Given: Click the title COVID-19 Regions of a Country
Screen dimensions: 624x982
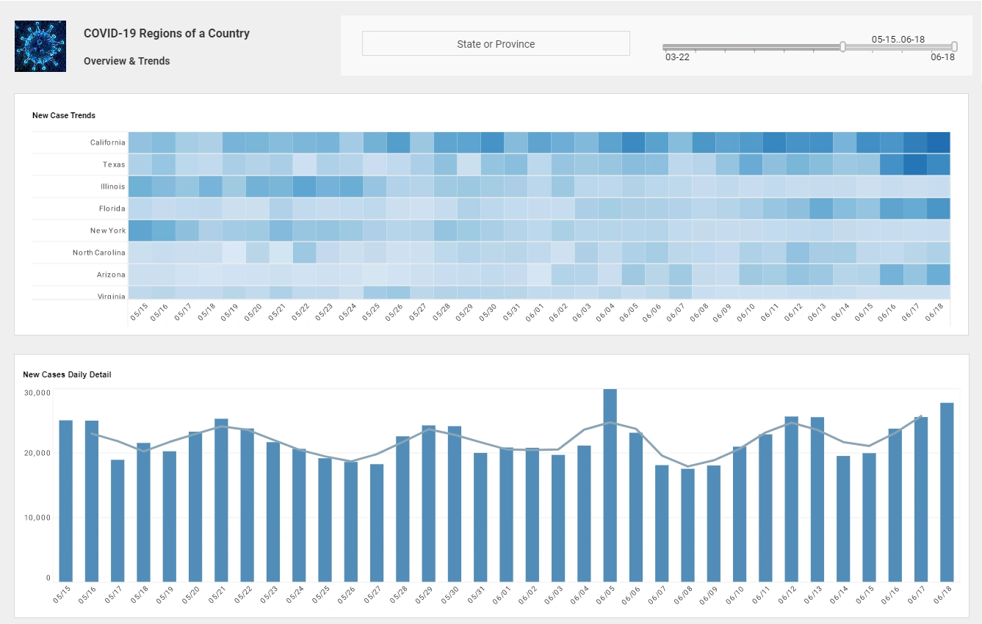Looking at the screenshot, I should click(x=167, y=33).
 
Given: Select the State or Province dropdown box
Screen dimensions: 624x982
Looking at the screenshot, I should click(x=496, y=44).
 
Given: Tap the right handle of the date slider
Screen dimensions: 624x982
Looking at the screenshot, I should click(x=954, y=47).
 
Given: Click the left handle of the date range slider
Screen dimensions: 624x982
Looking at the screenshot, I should click(x=842, y=47).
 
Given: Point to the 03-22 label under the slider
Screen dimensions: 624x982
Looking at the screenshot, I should click(x=676, y=57).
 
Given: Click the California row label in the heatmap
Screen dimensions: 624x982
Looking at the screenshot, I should click(x=107, y=142).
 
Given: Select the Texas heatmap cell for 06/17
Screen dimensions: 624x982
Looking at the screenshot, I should click(x=914, y=164).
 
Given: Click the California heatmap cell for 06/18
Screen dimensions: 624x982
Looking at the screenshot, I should click(x=938, y=142).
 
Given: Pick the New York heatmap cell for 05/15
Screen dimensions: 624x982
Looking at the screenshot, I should click(x=140, y=231).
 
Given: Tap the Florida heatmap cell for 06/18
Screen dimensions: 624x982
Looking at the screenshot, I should click(x=938, y=208).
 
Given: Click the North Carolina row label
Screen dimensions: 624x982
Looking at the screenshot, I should click(x=98, y=253).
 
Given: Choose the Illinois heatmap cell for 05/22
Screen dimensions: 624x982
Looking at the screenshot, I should click(x=304, y=186).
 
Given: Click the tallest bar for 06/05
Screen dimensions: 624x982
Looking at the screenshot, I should click(x=610, y=485).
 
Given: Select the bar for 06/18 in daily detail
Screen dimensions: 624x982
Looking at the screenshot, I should click(x=947, y=492).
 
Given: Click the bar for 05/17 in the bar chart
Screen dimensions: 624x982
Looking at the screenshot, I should click(x=118, y=520).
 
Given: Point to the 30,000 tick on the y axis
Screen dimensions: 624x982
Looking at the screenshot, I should click(x=37, y=393).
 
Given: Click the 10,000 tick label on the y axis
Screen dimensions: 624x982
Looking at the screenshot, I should click(x=37, y=518).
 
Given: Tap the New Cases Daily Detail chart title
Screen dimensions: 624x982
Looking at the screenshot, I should click(x=67, y=374).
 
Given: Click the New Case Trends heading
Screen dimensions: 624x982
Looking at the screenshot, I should click(x=64, y=115).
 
